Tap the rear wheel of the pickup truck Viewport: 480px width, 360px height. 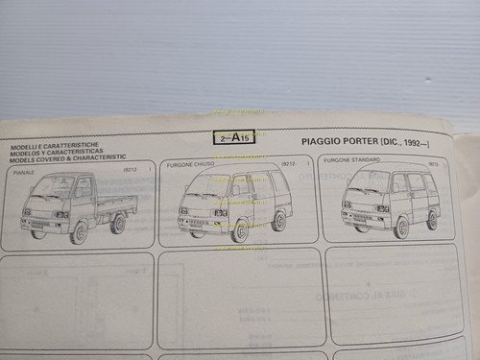click(x=117, y=224)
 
